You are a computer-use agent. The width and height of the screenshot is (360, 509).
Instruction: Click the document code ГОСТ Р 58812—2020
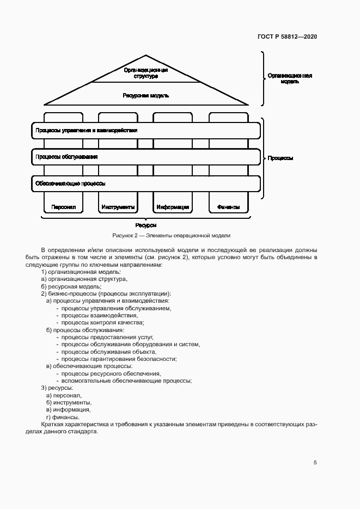tap(287, 36)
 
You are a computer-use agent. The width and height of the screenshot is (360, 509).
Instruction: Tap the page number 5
tap(315, 463)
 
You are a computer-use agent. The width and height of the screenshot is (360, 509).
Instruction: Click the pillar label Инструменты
tap(118, 207)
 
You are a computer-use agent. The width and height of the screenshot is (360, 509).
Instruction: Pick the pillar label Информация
tap(173, 207)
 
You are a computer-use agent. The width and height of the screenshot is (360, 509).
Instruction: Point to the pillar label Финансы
tap(228, 207)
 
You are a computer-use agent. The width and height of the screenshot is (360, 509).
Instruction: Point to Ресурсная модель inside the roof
tap(145, 95)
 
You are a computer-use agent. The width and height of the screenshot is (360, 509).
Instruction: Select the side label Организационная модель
tap(289, 79)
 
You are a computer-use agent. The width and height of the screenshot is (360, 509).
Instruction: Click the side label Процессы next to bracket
tap(280, 158)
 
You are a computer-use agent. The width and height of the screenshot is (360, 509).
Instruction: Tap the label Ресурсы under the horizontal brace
tap(145, 225)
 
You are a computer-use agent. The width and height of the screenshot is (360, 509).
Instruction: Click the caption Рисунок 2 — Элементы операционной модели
tap(172, 236)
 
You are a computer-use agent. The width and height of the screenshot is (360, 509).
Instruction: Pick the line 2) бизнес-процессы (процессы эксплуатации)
tap(106, 293)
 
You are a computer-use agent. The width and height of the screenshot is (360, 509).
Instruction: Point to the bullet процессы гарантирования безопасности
tap(119, 359)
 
